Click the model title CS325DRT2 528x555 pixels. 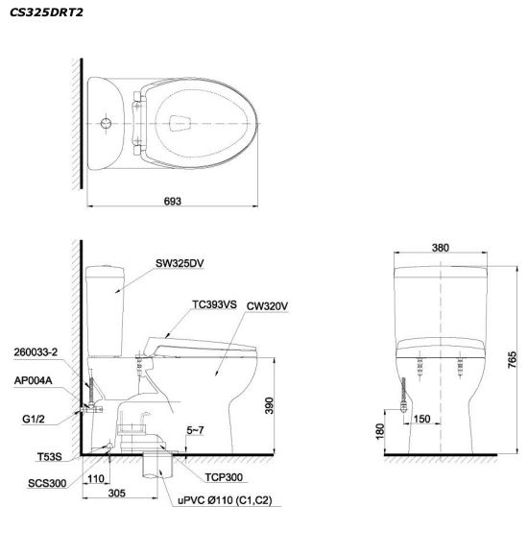pos(46,12)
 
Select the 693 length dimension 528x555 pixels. pos(173,201)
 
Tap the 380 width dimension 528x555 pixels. pos(441,248)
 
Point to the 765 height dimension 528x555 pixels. pos(512,360)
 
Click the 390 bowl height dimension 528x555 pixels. pos(270,405)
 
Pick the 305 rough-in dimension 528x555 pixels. pos(117,493)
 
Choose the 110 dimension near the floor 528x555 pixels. pos(96,479)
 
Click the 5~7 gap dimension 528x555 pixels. pos(195,430)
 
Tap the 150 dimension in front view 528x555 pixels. pos(421,419)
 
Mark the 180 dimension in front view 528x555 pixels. pos(380,431)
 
